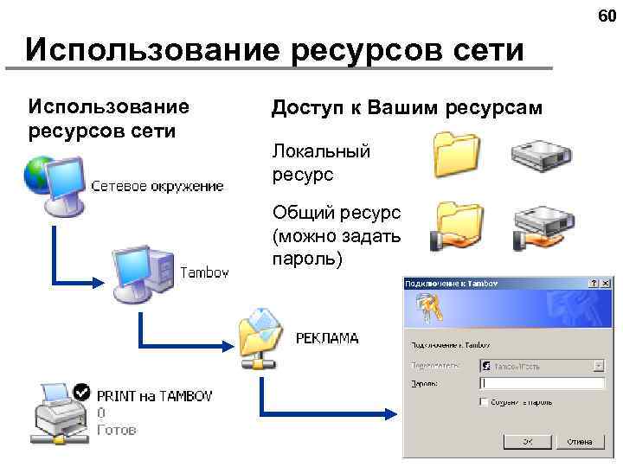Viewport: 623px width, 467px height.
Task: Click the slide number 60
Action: pos(605,16)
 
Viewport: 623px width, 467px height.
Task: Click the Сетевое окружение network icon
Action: pos(54,183)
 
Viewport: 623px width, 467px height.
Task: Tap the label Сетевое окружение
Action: pos(157,186)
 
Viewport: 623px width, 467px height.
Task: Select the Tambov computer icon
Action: pos(144,272)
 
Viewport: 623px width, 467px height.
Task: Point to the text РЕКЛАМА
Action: pos(326,338)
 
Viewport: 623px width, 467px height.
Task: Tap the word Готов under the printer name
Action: pos(116,429)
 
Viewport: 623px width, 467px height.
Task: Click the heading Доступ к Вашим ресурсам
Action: pos(407,108)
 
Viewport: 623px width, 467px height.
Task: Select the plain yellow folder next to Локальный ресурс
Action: pos(456,153)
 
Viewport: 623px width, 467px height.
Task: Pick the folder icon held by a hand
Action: pos(455,226)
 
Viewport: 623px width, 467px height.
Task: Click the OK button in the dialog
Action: pos(527,441)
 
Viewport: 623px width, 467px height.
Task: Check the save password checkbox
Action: pos(483,402)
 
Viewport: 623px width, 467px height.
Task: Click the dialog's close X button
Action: pos(607,283)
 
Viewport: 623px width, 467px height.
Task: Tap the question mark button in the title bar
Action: pos(593,283)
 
